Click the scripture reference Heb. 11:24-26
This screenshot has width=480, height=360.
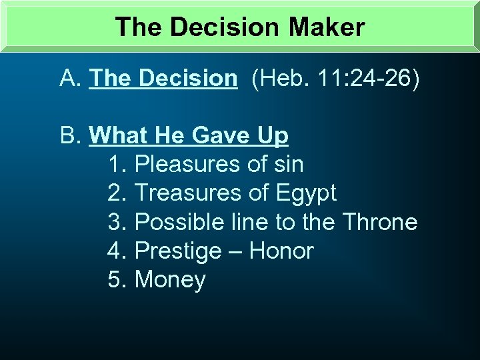point(335,79)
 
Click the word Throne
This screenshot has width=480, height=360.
point(379,222)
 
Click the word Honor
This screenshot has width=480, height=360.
point(281,251)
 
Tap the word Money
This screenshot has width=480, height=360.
point(170,281)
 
